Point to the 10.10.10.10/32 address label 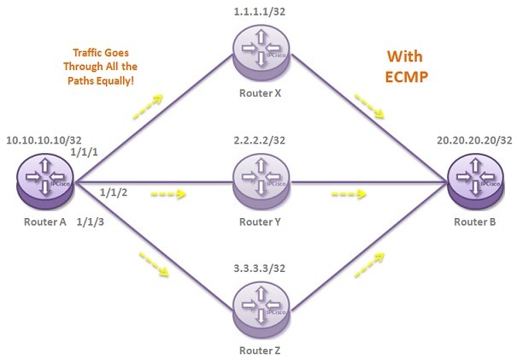point(42,139)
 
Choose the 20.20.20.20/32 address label point(473,139)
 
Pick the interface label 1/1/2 point(114,191)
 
